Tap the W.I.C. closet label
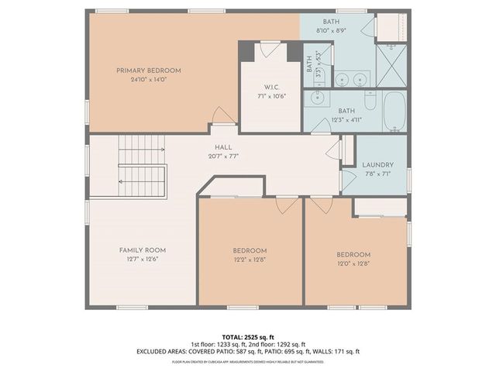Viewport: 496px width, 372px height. coord(270,86)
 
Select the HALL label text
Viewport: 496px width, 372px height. coord(223,146)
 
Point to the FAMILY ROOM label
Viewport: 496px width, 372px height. coord(142,250)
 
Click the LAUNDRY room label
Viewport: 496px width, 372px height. coord(378,165)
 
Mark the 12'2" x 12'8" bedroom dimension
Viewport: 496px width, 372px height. coord(250,260)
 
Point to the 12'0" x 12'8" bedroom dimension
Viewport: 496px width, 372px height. coord(353,263)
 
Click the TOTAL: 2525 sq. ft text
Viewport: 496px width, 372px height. coord(248,337)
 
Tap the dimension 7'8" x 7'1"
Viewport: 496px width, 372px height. coord(378,174)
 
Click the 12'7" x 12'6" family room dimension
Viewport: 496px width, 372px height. coord(142,260)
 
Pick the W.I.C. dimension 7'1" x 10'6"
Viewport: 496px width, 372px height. coord(270,95)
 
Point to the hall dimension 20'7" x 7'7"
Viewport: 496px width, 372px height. coord(223,156)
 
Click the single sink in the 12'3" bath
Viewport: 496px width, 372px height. coord(317,98)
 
